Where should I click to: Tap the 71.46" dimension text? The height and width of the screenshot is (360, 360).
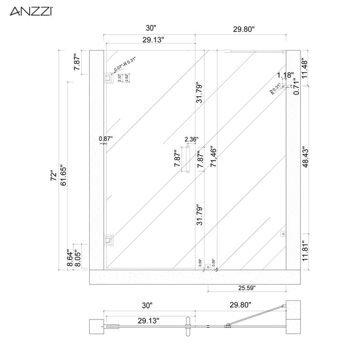pyautogui.click(x=214, y=158)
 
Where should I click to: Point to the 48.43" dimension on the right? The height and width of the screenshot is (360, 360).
pyautogui.click(x=306, y=155)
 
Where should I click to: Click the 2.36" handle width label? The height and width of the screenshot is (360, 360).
pyautogui.click(x=191, y=139)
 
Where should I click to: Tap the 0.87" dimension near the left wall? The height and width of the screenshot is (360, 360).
pyautogui.click(x=105, y=139)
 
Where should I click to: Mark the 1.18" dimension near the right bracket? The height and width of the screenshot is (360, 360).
pyautogui.click(x=286, y=75)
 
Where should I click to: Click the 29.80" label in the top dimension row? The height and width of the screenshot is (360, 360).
pyautogui.click(x=244, y=29)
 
